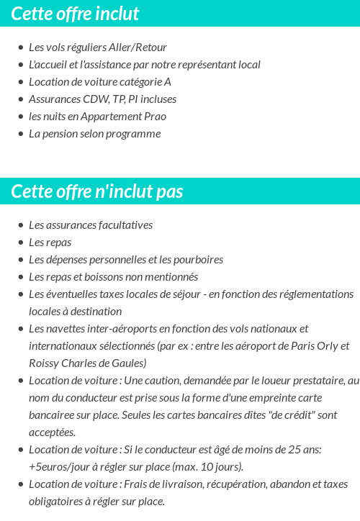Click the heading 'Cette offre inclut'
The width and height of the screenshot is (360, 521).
76,14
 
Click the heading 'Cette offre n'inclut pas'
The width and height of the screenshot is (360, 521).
97,191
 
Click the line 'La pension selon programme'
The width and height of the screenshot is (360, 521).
94,134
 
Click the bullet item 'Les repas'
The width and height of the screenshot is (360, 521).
50,243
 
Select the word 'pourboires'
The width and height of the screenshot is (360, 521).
197,260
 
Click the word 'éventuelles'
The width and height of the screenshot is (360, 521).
71,294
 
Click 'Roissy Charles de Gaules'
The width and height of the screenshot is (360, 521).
88,363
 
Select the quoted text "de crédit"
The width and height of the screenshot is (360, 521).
269,415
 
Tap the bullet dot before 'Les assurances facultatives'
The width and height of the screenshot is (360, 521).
20,225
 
